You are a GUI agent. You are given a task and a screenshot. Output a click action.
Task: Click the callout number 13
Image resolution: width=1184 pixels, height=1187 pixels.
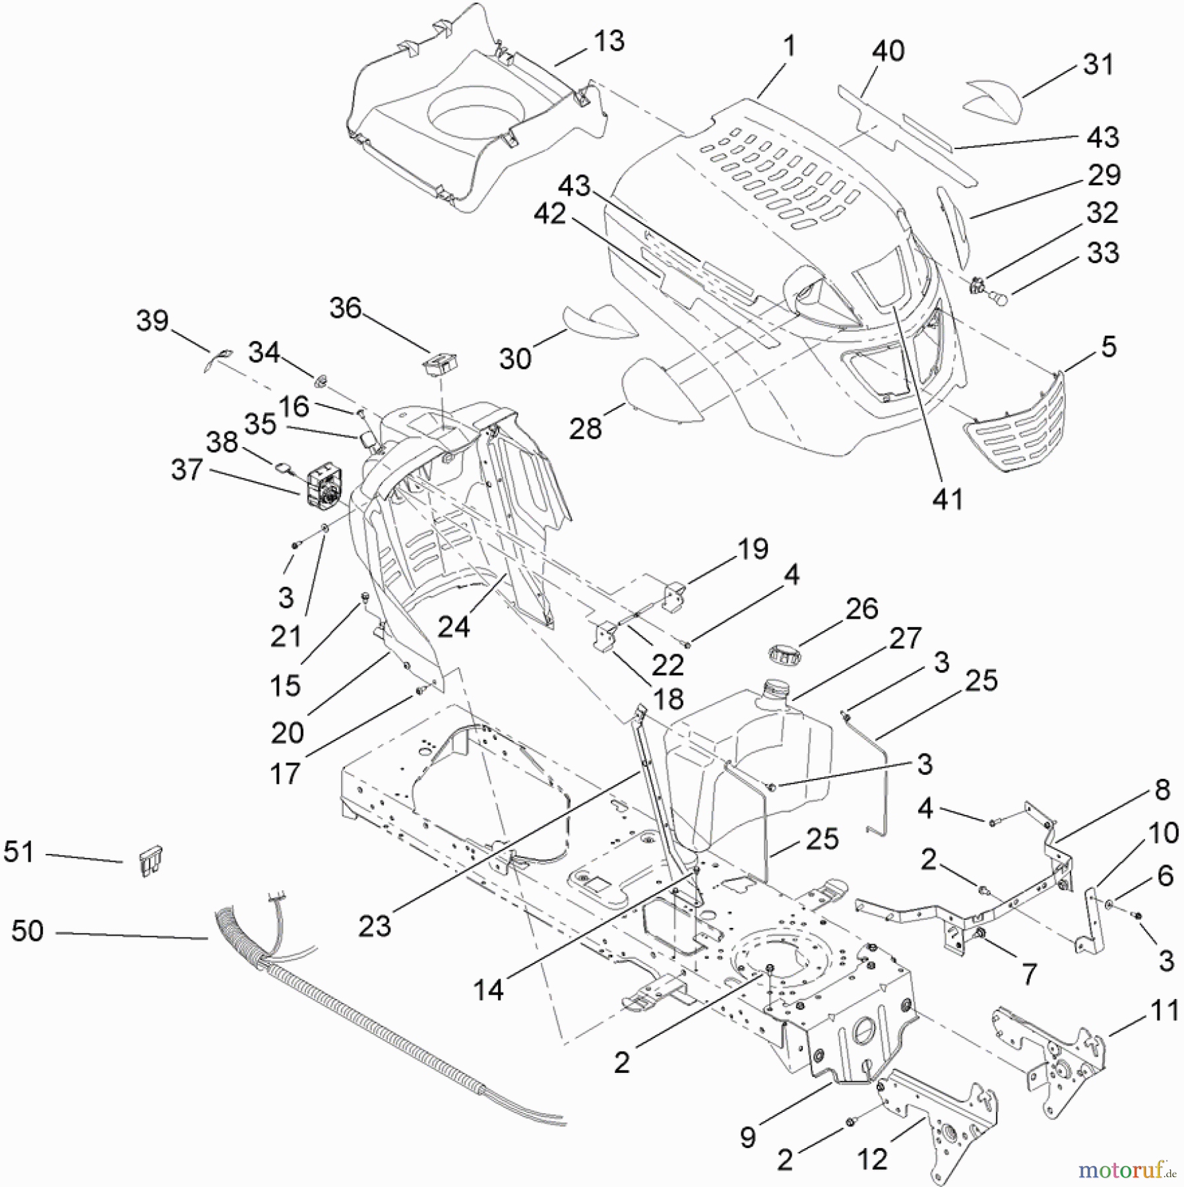coord(608,41)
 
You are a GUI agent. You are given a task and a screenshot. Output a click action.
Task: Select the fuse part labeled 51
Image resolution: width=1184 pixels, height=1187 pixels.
coord(151,861)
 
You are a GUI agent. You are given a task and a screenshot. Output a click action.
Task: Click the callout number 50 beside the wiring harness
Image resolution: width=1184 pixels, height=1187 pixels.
coord(28,930)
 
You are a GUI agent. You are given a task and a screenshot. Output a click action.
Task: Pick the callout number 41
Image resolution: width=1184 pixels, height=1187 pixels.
coord(947,499)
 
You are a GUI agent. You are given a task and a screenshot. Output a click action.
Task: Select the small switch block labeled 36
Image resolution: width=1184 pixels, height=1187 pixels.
coord(440,365)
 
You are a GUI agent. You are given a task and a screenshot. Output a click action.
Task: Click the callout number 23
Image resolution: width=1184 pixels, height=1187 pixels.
coord(375,927)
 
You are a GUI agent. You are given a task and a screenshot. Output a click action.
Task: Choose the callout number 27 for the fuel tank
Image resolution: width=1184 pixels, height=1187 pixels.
coord(904,638)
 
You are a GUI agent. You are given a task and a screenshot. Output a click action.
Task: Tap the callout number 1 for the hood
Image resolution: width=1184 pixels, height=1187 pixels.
coord(789,46)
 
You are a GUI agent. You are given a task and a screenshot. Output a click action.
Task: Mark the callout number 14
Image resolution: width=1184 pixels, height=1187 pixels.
coord(488,990)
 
